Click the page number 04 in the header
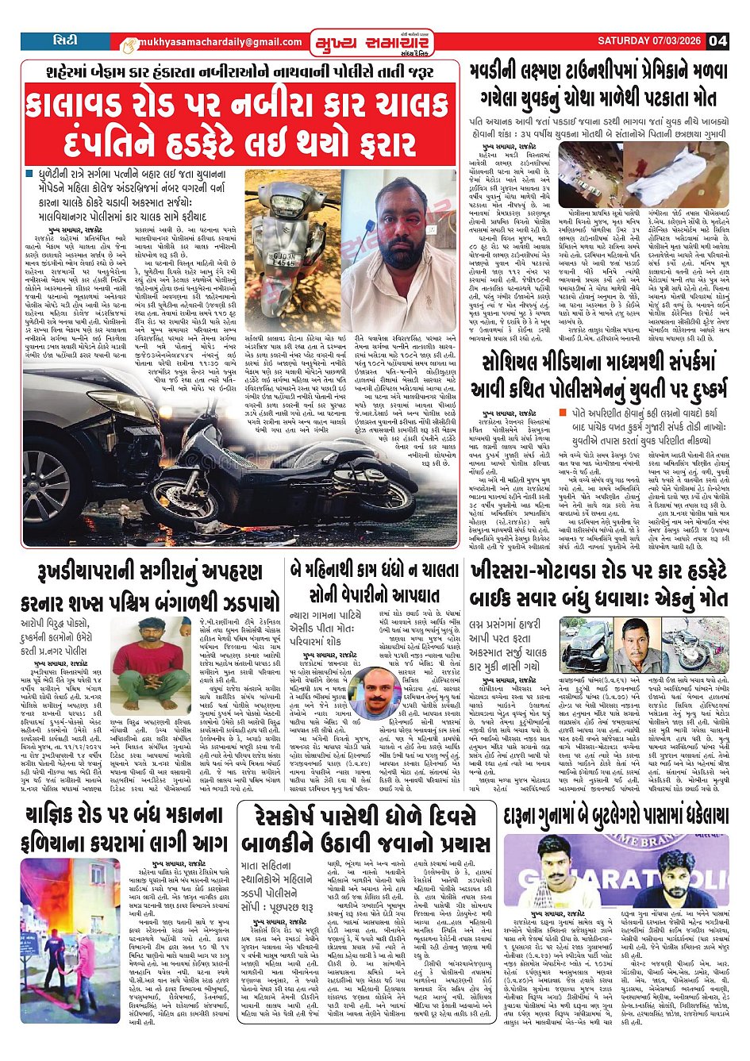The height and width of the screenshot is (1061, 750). pyautogui.click(x=717, y=41)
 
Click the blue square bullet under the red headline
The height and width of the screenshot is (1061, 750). pyautogui.click(x=30, y=172)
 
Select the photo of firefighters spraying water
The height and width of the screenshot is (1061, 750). pyautogui.click(x=71, y=940)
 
